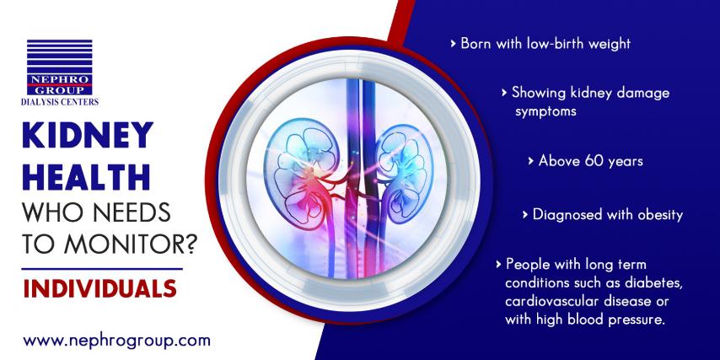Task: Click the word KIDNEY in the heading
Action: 87,136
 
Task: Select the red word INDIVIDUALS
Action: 99,287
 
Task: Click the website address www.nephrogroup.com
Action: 116,341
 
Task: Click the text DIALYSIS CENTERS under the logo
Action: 60,102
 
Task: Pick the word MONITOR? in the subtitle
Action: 131,244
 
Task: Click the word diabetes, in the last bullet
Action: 655,282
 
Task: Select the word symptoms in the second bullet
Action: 545,112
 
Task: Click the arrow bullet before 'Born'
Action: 454,44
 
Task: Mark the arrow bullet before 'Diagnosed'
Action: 525,215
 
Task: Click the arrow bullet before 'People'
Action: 498,265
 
